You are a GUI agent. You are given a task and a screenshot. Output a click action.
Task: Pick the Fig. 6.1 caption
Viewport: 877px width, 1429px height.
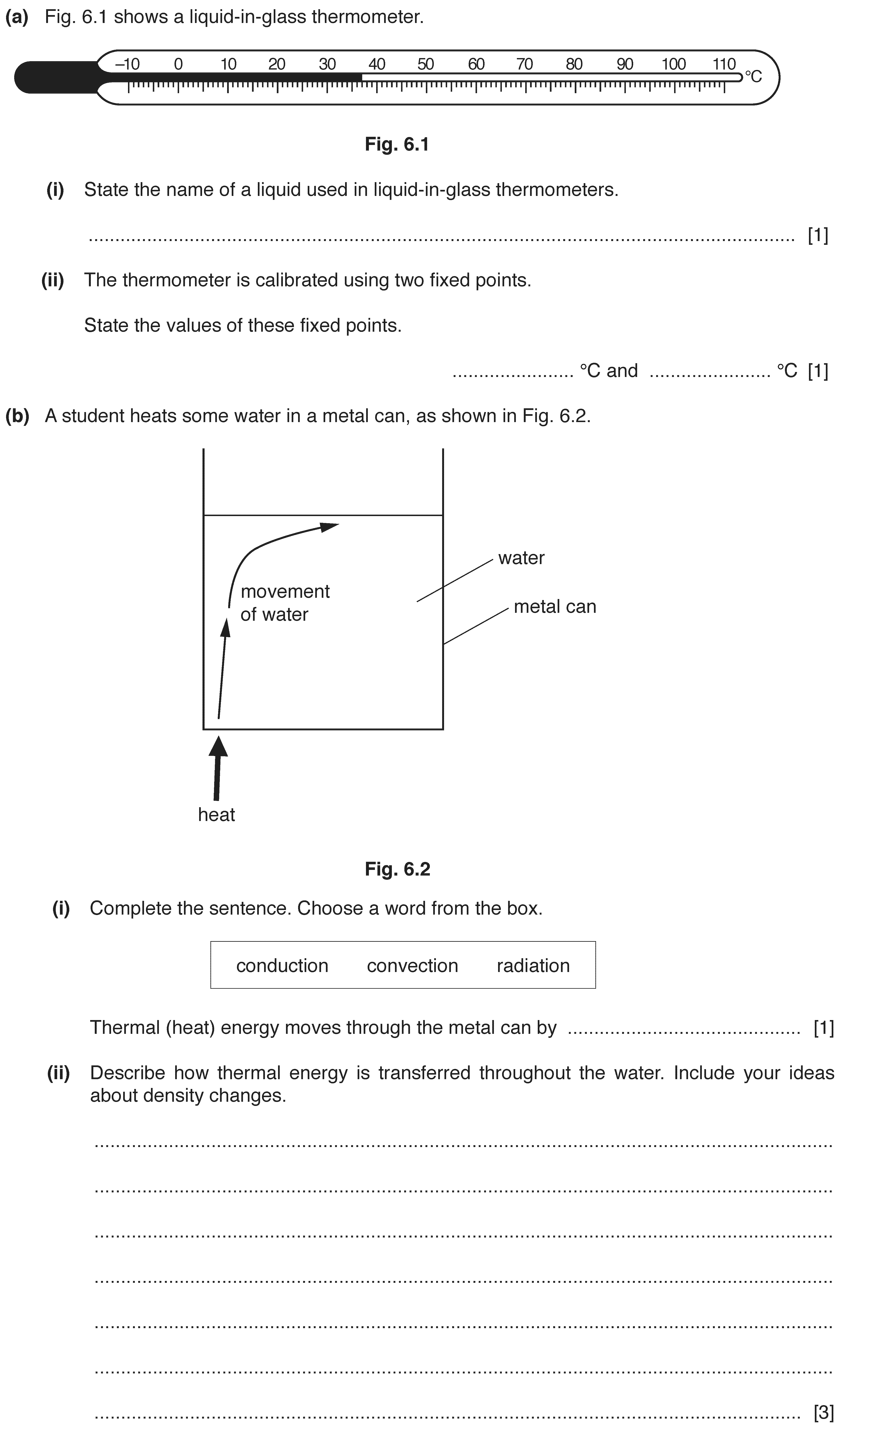(397, 144)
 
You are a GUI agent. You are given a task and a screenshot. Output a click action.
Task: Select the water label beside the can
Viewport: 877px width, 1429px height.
(521, 558)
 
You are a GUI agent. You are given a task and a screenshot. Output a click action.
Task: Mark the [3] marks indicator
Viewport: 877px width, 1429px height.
(824, 1412)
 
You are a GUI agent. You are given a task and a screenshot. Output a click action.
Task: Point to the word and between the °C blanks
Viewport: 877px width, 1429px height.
(622, 370)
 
